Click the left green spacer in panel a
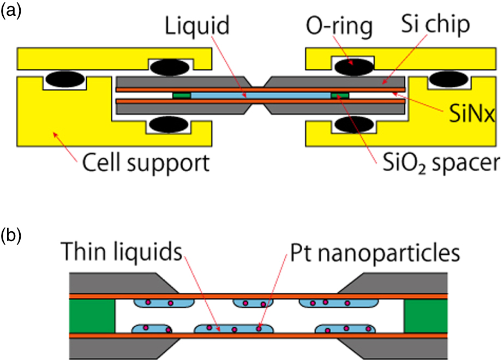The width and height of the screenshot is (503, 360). coord(182,95)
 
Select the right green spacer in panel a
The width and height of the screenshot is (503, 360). coord(339,95)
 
